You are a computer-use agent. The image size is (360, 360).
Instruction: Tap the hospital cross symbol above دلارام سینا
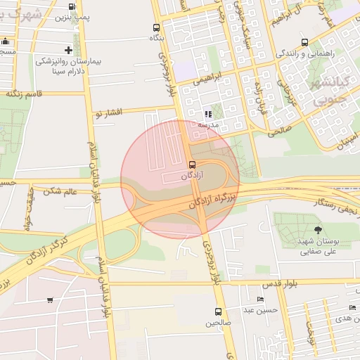point(68,50)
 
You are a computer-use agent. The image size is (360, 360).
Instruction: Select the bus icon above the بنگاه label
point(155,28)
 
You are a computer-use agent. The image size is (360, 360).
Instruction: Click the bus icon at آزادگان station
point(193,164)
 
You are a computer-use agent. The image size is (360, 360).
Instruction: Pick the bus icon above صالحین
point(217,311)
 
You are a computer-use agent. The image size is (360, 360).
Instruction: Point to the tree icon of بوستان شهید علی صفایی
point(318,229)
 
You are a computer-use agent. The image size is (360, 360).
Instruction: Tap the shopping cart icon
point(50,300)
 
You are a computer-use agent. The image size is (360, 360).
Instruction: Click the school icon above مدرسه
point(208,115)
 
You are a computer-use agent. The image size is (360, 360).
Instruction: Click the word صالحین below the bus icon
point(217,323)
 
